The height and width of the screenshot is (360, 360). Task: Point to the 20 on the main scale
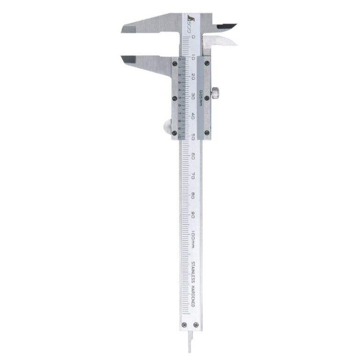click(193, 77)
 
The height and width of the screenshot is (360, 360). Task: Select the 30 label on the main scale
click(193, 96)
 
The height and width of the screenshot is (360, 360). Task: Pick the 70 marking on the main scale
click(193, 175)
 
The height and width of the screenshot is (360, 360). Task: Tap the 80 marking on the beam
click(193, 195)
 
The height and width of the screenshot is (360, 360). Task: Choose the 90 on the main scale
click(193, 214)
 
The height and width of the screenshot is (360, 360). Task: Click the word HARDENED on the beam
click(193, 300)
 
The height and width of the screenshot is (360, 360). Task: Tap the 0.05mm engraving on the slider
click(200, 97)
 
